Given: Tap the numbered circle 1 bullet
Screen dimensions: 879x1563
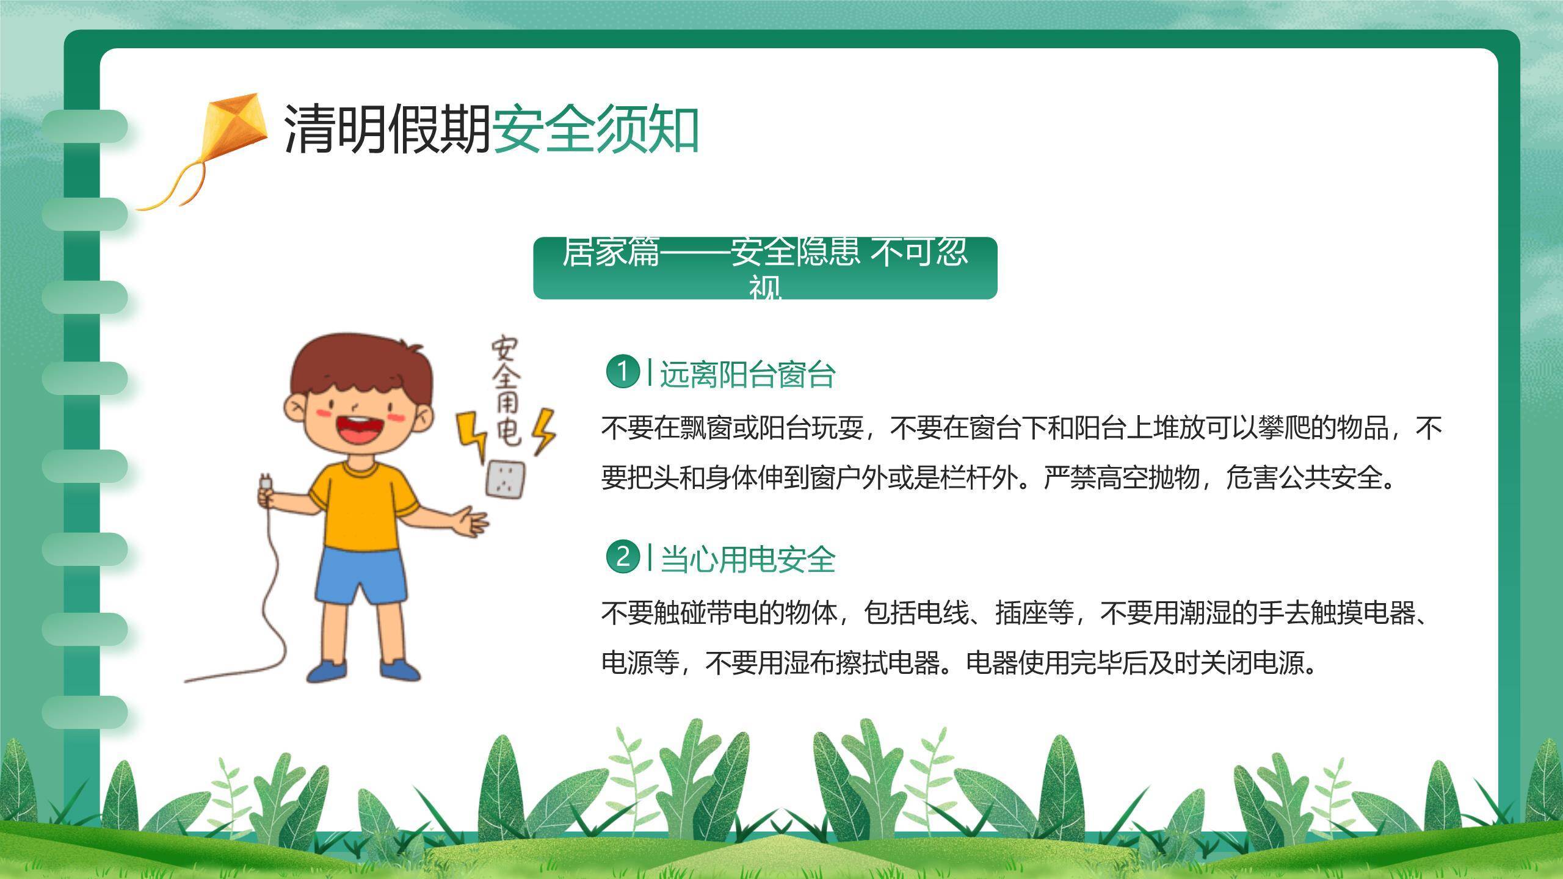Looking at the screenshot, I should click(x=622, y=371).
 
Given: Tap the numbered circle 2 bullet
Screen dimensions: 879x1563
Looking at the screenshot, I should click(x=622, y=557).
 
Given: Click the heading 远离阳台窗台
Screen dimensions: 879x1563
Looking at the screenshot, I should click(x=747, y=374).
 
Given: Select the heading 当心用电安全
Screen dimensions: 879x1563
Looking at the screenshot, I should click(x=747, y=559).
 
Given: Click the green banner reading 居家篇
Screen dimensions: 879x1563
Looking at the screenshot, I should click(x=765, y=268).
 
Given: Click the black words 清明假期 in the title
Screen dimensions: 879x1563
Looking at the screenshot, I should click(x=387, y=129).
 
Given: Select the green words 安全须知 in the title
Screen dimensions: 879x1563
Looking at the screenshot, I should click(x=595, y=129).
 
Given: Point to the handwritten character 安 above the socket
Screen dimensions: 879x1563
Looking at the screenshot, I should click(x=504, y=349).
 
